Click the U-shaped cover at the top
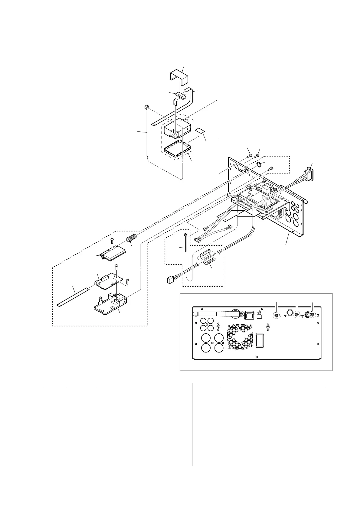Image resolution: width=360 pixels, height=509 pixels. point(178,77)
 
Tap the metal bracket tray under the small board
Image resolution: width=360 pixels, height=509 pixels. point(111,304)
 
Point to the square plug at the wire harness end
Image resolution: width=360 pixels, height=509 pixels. point(170,280)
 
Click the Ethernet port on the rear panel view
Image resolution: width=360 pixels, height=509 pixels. point(249,315)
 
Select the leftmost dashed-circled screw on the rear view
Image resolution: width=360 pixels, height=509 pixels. point(276,315)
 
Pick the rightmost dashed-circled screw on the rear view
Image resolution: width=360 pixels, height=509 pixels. point(312,315)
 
